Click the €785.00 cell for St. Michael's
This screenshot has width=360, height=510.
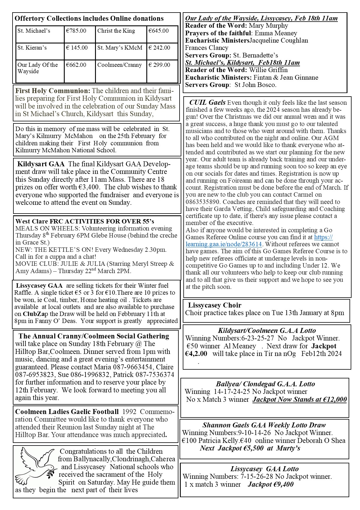click(x=76, y=31)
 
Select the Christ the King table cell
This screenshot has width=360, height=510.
click(x=116, y=31)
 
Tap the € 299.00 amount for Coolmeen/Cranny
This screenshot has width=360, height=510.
click(x=159, y=65)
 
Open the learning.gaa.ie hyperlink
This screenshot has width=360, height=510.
click(x=224, y=244)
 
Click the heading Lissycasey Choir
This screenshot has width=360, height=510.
click(x=215, y=305)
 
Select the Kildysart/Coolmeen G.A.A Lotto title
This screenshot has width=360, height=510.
click(x=267, y=331)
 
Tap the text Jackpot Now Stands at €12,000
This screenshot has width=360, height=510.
click(x=300, y=399)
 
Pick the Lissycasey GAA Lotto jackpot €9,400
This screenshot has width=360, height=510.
click(x=271, y=484)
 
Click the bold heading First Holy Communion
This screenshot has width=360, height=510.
click(x=53, y=91)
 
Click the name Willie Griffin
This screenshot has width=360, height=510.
click(x=268, y=70)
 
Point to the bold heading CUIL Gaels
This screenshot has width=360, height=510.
click(x=207, y=102)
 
